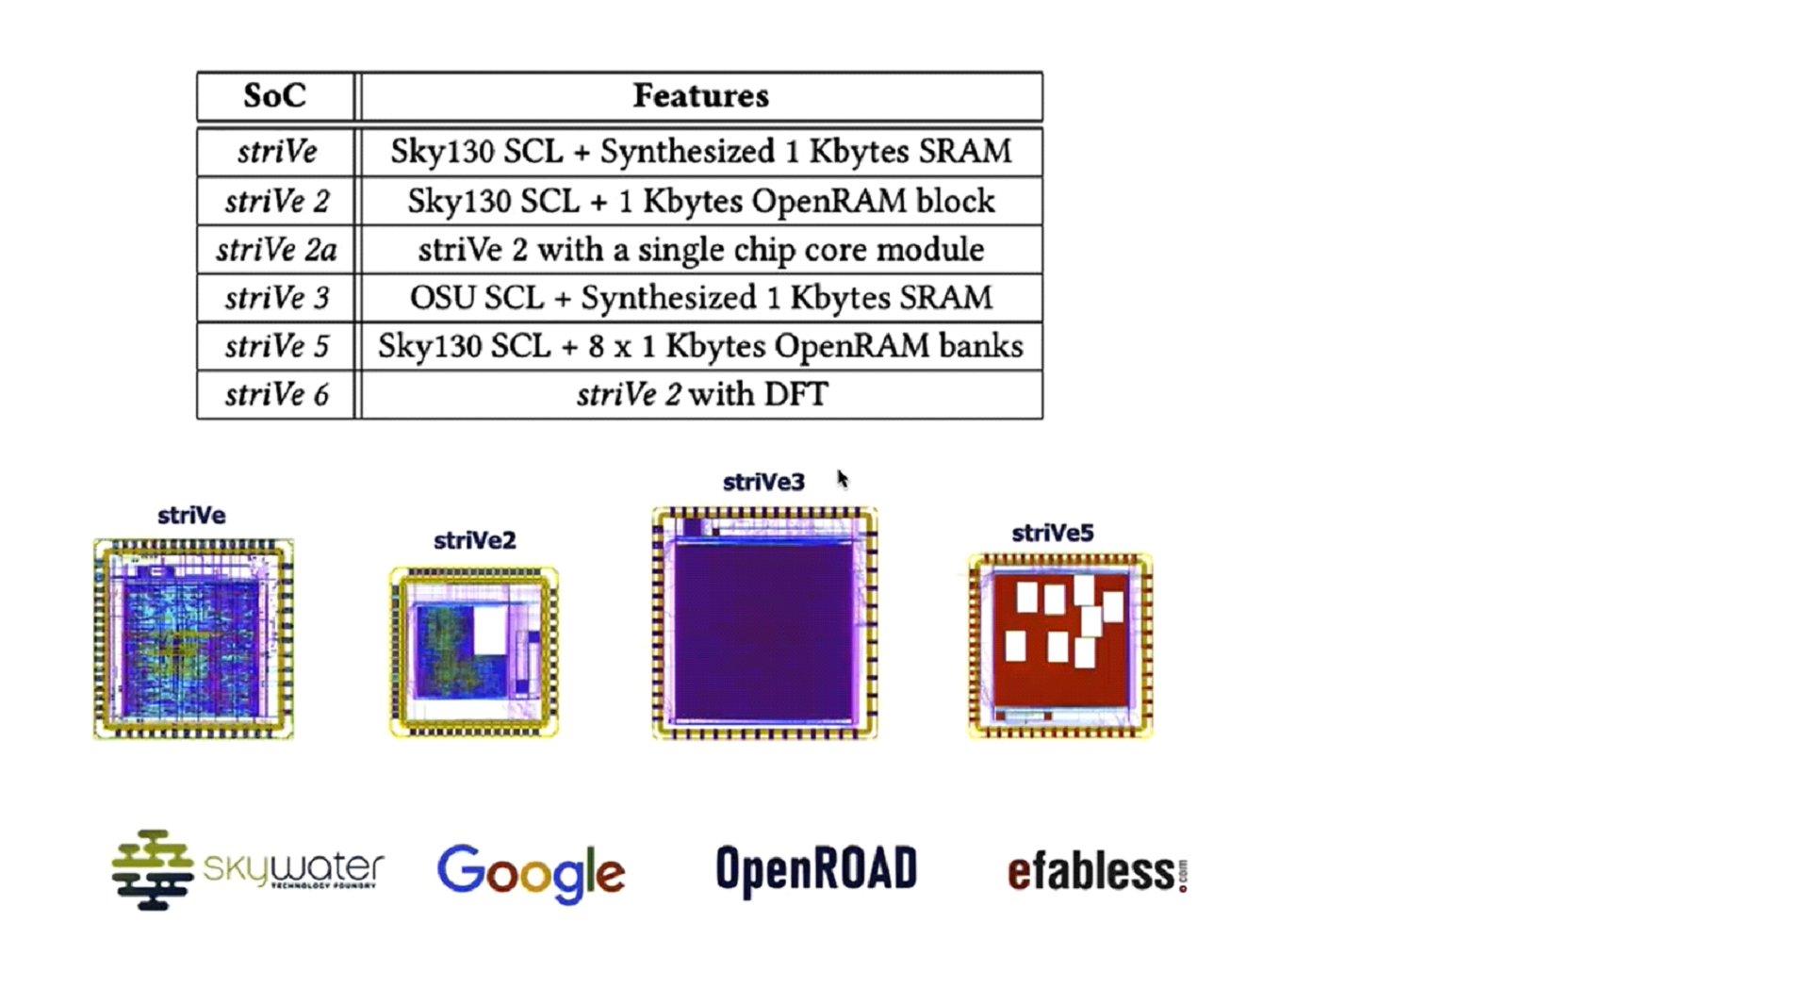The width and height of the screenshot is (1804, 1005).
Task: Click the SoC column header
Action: (274, 96)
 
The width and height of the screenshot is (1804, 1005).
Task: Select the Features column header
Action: (700, 96)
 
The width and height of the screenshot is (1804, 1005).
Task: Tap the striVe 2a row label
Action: (276, 250)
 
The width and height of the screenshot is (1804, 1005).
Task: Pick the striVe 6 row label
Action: (276, 395)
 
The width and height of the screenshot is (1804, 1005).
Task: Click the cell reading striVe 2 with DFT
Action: (701, 395)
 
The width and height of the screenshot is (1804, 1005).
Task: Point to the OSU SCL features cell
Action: (700, 298)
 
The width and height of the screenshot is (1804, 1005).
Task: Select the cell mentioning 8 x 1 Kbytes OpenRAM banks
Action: (700, 347)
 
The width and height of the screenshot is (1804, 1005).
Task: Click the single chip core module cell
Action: (700, 250)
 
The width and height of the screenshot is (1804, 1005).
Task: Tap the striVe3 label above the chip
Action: (763, 483)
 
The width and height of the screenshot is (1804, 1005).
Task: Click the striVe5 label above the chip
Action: (1052, 534)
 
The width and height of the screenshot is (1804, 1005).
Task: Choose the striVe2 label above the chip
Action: (474, 541)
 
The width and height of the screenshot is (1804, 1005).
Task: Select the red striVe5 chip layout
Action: (1060, 647)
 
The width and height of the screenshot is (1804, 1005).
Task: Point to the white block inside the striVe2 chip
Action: (490, 631)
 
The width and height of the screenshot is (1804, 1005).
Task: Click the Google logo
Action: (531, 873)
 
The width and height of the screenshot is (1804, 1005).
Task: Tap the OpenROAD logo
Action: (816, 869)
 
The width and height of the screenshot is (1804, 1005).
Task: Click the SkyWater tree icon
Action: (151, 870)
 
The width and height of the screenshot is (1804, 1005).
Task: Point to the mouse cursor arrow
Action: (842, 480)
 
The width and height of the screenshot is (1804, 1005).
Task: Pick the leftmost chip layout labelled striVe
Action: (193, 639)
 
